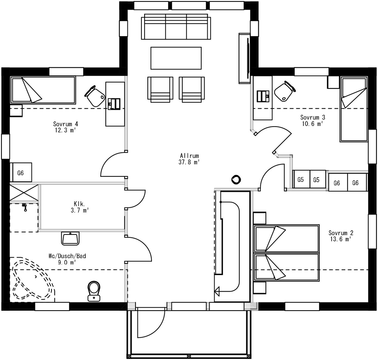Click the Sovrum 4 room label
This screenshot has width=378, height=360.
66,124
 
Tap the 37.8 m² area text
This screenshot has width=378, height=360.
189,162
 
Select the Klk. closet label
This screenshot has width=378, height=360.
79,204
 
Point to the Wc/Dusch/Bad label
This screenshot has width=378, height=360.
67,256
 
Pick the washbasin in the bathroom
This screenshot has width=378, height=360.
70,238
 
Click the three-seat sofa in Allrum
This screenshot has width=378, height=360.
176,27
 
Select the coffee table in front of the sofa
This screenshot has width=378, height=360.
176,58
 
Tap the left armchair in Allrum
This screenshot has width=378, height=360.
160,89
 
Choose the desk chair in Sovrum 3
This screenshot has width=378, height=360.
285,91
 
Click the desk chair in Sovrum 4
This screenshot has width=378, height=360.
95,96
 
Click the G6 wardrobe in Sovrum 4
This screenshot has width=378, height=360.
21,173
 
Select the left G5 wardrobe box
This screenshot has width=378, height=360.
301,179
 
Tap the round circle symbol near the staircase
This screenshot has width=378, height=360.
236,180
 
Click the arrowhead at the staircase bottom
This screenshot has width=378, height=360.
217,291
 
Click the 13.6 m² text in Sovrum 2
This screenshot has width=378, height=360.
340,239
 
